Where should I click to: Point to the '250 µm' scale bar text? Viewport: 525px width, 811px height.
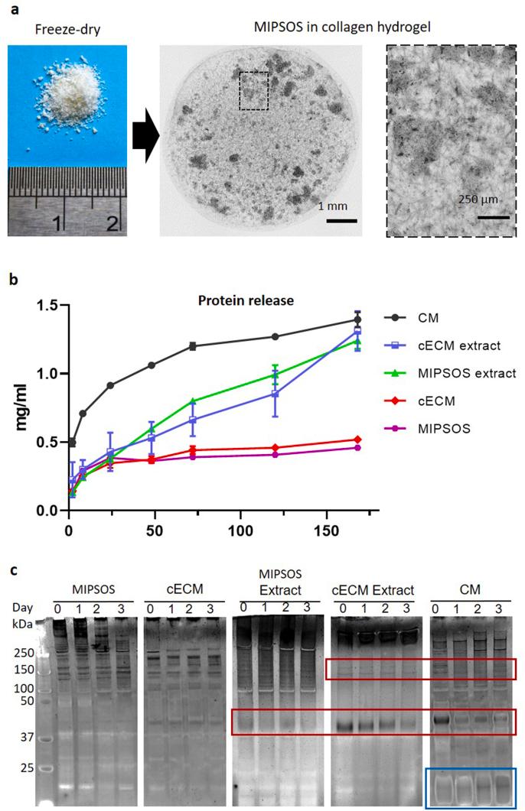(x=479, y=200)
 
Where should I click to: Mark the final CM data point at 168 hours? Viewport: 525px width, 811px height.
(x=357, y=320)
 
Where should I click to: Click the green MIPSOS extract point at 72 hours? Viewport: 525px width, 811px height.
(x=193, y=401)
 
